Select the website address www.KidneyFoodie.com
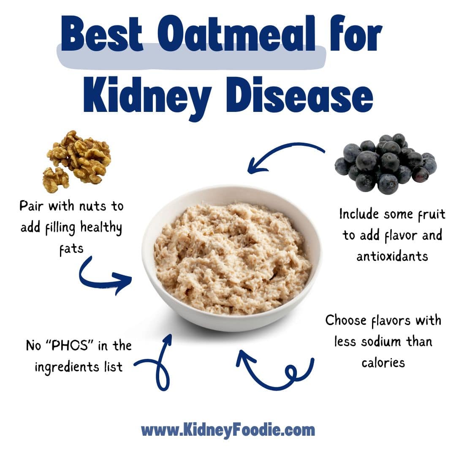[228, 430]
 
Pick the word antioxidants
[392, 256]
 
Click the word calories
[383, 362]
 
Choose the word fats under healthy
[71, 249]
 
